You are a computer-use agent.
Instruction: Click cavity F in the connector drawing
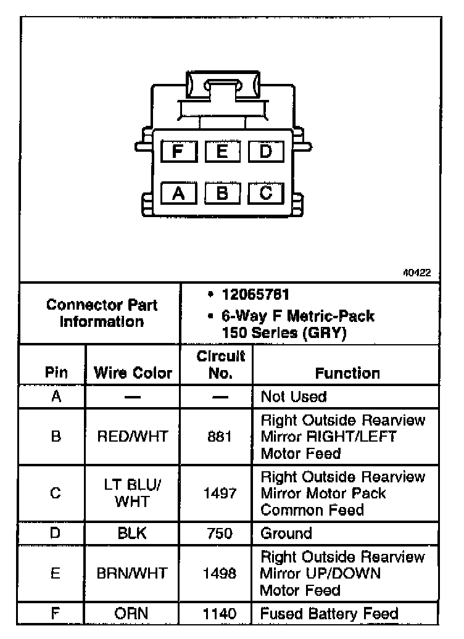click(178, 151)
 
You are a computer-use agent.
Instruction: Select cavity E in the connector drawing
click(222, 151)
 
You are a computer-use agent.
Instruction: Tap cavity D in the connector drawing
click(265, 151)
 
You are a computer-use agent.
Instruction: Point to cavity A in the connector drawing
click(178, 193)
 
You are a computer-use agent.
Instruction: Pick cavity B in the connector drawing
click(222, 193)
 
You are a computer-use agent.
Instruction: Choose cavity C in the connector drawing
click(265, 193)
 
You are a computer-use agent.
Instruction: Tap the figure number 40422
click(416, 272)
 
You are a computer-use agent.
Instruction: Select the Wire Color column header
click(133, 373)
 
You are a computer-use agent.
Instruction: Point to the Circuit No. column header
click(220, 365)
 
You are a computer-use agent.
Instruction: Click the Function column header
click(347, 373)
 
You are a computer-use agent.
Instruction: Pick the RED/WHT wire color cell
click(133, 437)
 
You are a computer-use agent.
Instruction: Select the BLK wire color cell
click(132, 533)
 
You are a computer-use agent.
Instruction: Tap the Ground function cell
click(286, 533)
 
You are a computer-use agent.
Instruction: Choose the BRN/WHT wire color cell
click(132, 574)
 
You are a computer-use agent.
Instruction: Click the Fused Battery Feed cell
click(329, 614)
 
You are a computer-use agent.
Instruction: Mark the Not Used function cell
click(294, 396)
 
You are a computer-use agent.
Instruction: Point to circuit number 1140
click(220, 614)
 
